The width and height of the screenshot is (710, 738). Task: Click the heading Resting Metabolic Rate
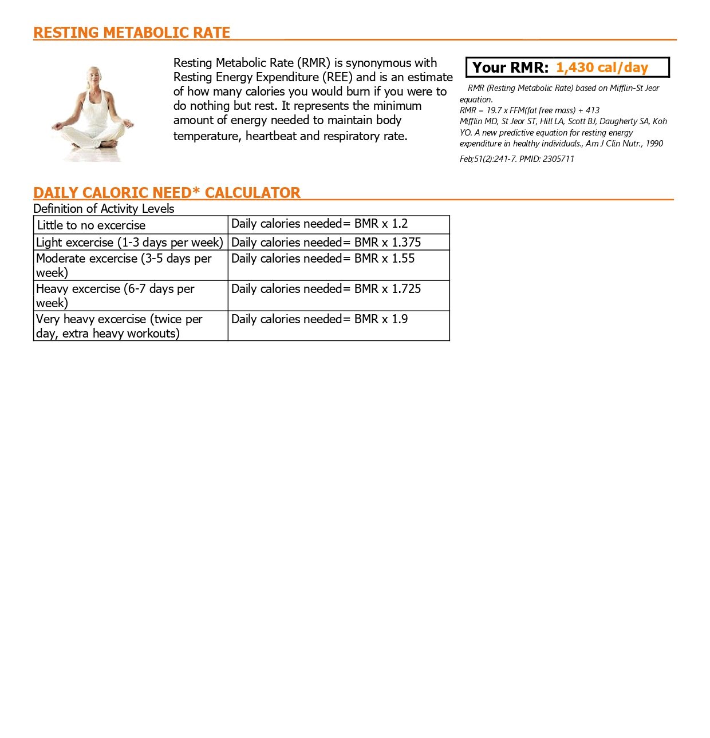pyautogui.click(x=132, y=33)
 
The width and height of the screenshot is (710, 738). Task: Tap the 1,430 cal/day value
pyautogui.click(x=602, y=68)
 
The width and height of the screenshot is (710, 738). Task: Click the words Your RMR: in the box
pyautogui.click(x=510, y=68)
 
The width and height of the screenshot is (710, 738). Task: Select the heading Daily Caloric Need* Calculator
pyautogui.click(x=167, y=193)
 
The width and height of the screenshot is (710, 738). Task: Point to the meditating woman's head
pyautogui.click(x=93, y=76)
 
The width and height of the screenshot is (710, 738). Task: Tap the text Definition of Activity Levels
pyautogui.click(x=104, y=209)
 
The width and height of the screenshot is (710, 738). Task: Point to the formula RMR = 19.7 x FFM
pyautogui.click(x=529, y=110)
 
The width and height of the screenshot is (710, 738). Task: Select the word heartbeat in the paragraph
pyautogui.click(x=270, y=136)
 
